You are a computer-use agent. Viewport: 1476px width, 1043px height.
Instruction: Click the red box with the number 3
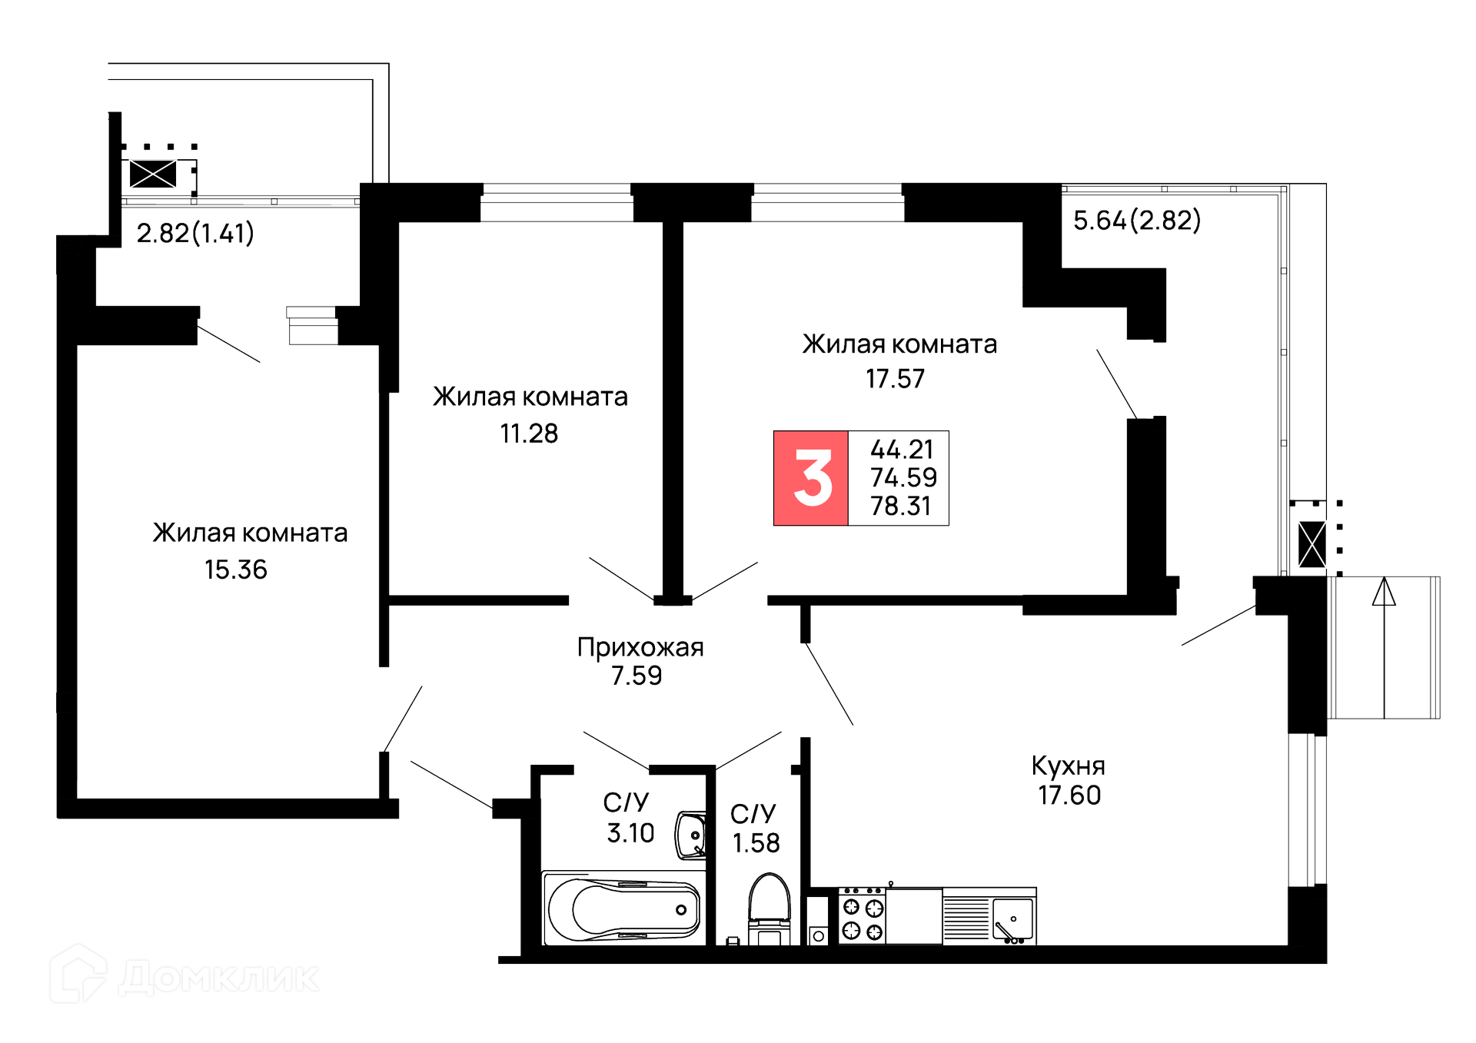tap(811, 478)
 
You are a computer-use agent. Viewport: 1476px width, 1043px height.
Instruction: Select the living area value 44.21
tap(901, 449)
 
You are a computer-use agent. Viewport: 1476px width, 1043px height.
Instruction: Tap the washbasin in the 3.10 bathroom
tap(690, 835)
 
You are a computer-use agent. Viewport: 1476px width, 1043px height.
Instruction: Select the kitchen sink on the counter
tap(1012, 919)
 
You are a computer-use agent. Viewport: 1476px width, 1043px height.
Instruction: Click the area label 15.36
tap(235, 570)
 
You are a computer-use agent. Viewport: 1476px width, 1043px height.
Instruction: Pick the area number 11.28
tap(529, 433)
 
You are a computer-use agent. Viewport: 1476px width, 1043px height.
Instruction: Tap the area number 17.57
tap(895, 379)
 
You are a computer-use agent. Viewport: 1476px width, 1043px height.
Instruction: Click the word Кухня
tap(1068, 766)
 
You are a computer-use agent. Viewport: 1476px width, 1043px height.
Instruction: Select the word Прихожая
tap(640, 647)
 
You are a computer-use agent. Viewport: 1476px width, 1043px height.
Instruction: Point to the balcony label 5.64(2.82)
tap(1136, 221)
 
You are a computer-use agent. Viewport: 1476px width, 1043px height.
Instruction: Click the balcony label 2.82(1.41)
tap(195, 233)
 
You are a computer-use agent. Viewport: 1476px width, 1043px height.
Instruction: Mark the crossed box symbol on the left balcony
tap(153, 174)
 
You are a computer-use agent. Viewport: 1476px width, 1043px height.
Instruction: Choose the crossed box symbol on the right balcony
tap(1311, 544)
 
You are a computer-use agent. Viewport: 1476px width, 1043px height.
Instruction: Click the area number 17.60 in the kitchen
tap(1069, 796)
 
